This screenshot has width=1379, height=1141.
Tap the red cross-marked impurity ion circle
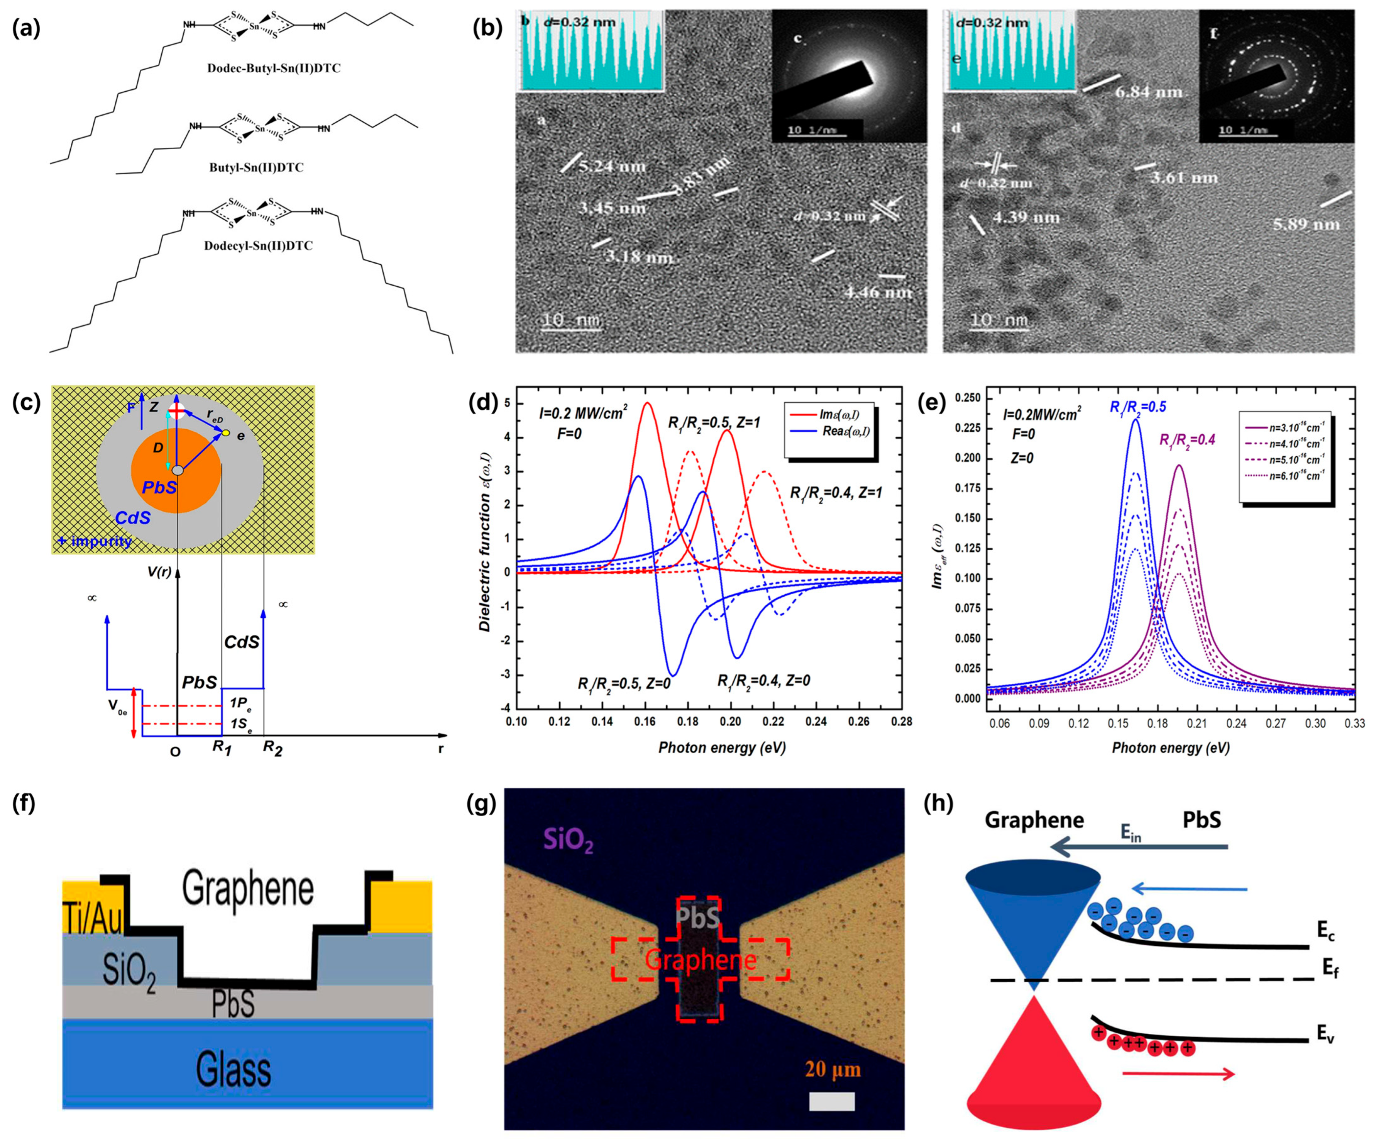point(176,411)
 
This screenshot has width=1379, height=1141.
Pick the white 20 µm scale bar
point(831,1101)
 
